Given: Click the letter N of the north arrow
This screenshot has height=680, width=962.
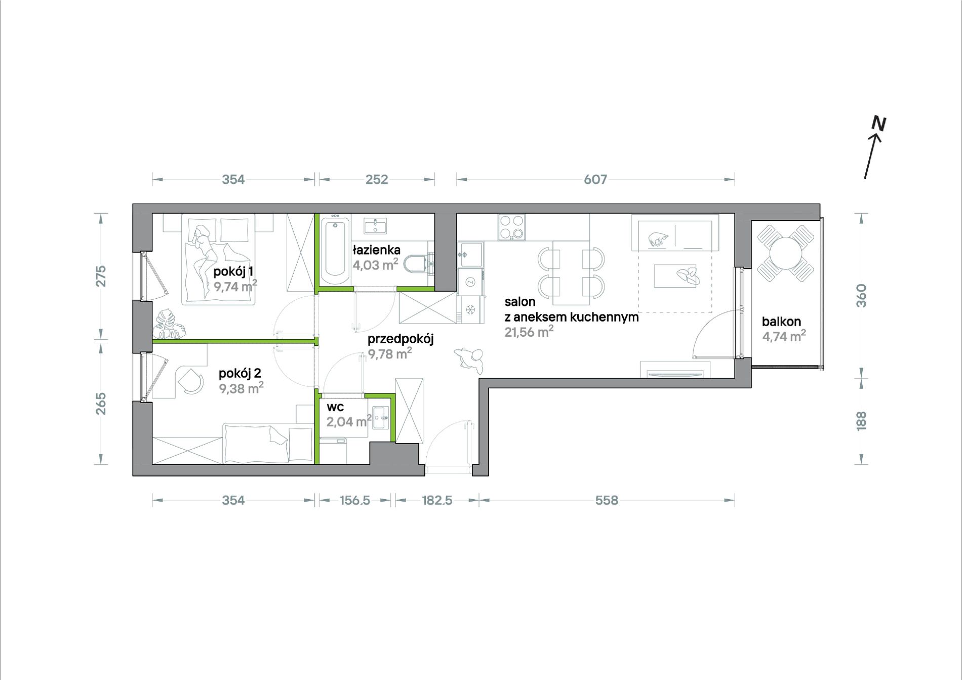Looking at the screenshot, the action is click(x=878, y=124).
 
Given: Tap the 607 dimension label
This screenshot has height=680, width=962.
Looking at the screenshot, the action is click(x=595, y=179).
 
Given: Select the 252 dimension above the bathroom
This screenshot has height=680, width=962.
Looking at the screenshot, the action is click(x=377, y=179).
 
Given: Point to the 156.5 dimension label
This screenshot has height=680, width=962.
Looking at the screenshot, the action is click(x=354, y=500).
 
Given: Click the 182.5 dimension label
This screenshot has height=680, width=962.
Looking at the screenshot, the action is click(x=437, y=500).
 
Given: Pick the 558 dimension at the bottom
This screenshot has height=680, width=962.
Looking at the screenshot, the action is click(x=607, y=500).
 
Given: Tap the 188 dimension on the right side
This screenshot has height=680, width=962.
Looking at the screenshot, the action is click(x=861, y=421).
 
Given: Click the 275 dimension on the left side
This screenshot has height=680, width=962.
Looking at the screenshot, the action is click(x=101, y=276).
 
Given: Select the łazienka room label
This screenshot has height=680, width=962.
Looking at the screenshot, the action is click(x=377, y=250).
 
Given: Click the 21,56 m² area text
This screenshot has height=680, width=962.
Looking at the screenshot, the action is click(x=529, y=332).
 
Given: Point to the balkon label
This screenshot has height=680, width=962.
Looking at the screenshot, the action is click(x=781, y=322).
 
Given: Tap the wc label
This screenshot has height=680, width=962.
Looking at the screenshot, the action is click(x=335, y=407).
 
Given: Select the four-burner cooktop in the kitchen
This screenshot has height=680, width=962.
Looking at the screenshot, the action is click(x=511, y=227).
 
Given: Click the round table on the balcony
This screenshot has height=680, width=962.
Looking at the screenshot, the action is click(x=785, y=253).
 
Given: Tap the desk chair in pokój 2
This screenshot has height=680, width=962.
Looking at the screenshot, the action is click(x=190, y=380).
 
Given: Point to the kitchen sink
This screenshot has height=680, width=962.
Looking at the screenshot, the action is click(x=470, y=254).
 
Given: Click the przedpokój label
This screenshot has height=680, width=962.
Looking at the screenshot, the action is click(x=400, y=339).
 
